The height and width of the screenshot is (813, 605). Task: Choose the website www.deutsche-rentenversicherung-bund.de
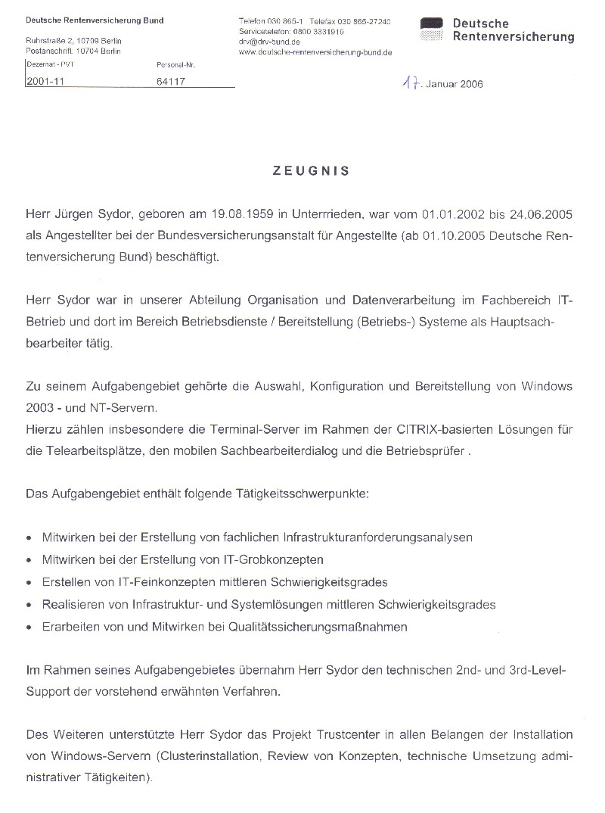coord(315,53)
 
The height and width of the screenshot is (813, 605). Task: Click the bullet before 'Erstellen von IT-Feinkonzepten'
coord(29,583)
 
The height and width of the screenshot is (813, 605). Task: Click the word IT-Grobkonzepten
coord(281,559)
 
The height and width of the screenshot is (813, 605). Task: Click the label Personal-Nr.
coord(172,65)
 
